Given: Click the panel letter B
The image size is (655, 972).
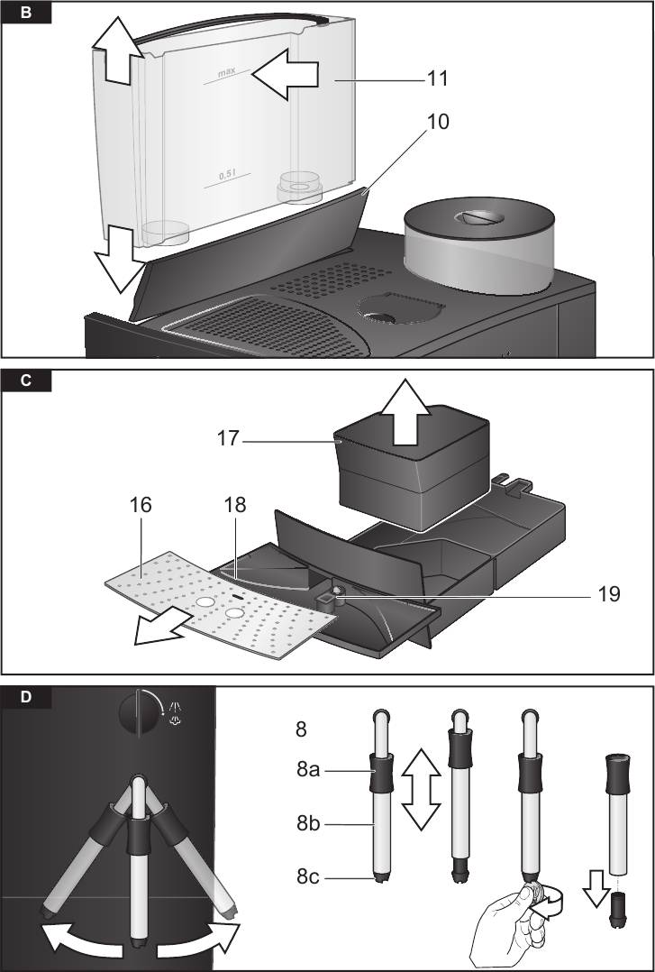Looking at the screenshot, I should click(x=24, y=14).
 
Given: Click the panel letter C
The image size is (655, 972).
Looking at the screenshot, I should click(x=24, y=381).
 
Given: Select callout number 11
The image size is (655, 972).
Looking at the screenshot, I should click(x=437, y=78).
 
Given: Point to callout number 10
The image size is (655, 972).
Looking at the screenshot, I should click(x=437, y=122).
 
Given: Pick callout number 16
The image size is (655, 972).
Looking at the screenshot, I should click(x=140, y=506).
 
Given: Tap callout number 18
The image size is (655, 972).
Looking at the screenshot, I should click(x=235, y=506).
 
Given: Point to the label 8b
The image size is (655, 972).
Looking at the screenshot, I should click(x=312, y=823).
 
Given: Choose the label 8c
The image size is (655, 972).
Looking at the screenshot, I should click(x=311, y=876).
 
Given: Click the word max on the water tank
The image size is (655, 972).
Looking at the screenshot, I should click(x=226, y=71).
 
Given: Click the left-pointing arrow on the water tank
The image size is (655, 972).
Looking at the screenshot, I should click(x=286, y=74).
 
